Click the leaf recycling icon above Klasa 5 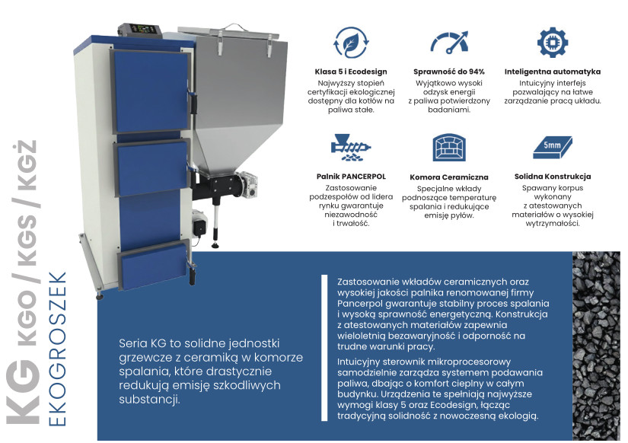[351, 42]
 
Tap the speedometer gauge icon [449, 42]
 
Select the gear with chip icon [553, 42]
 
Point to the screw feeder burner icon [351, 148]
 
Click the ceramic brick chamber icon [449, 148]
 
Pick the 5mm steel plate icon [553, 148]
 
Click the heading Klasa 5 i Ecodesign [351, 72]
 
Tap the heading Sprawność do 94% [449, 72]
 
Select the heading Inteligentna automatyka [553, 72]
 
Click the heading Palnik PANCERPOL [351, 177]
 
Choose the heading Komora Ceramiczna [449, 177]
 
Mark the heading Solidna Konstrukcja [553, 177]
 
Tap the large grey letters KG [23, 391]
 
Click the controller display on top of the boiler [142, 29]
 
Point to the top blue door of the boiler [151, 91]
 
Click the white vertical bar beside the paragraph [324, 348]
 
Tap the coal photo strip [596, 346]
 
